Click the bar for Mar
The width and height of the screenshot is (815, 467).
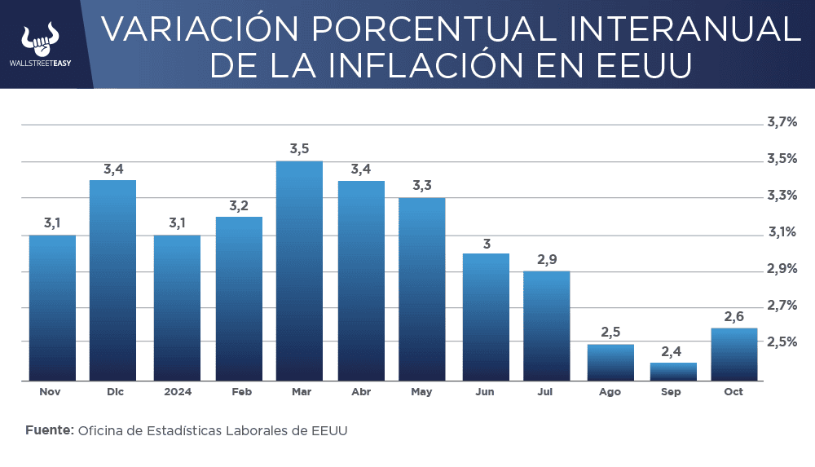tap(299, 271)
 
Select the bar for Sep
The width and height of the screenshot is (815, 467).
tap(672, 372)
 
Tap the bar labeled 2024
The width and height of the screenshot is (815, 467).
tap(177, 308)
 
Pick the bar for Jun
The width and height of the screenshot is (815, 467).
tap(486, 317)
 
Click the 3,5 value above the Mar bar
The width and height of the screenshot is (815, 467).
tap(300, 149)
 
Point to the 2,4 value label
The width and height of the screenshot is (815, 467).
tap(672, 351)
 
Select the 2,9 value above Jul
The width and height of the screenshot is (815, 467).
tap(547, 260)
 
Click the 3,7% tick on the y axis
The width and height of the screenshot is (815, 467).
tap(782, 122)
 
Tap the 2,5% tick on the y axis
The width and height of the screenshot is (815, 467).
tap(782, 341)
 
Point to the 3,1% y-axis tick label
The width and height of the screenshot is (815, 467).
tap(782, 232)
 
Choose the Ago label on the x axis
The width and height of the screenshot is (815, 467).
tap(610, 392)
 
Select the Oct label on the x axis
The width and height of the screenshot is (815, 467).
tap(733, 392)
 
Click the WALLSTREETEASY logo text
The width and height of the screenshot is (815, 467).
tap(40, 62)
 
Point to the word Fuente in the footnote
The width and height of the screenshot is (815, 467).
tap(50, 430)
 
